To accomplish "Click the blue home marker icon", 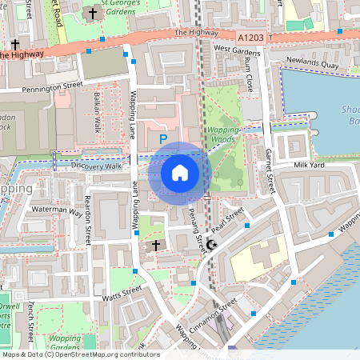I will pos(179,172).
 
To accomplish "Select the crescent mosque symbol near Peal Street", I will pos(211,245).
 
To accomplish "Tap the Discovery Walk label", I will pos(96,166).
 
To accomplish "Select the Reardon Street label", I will pos(87,228).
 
